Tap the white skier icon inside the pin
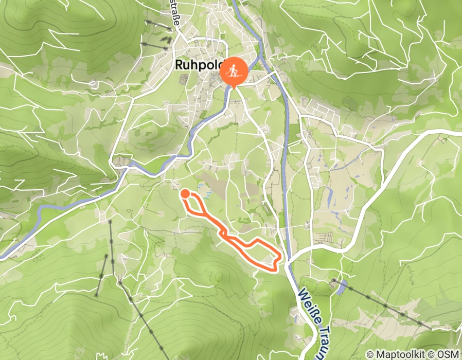pyautogui.click(x=234, y=70)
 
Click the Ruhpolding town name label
pyautogui.click(x=198, y=65)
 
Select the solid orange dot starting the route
pyautogui.click(x=185, y=193)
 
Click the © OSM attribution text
pyautogui.click(x=448, y=355)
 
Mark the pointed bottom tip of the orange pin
pyautogui.click(x=234, y=87)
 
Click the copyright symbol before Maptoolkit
pyautogui.click(x=369, y=355)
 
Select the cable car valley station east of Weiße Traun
pyautogui.click(x=335, y=281)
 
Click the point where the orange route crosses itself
pyautogui.click(x=225, y=235)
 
